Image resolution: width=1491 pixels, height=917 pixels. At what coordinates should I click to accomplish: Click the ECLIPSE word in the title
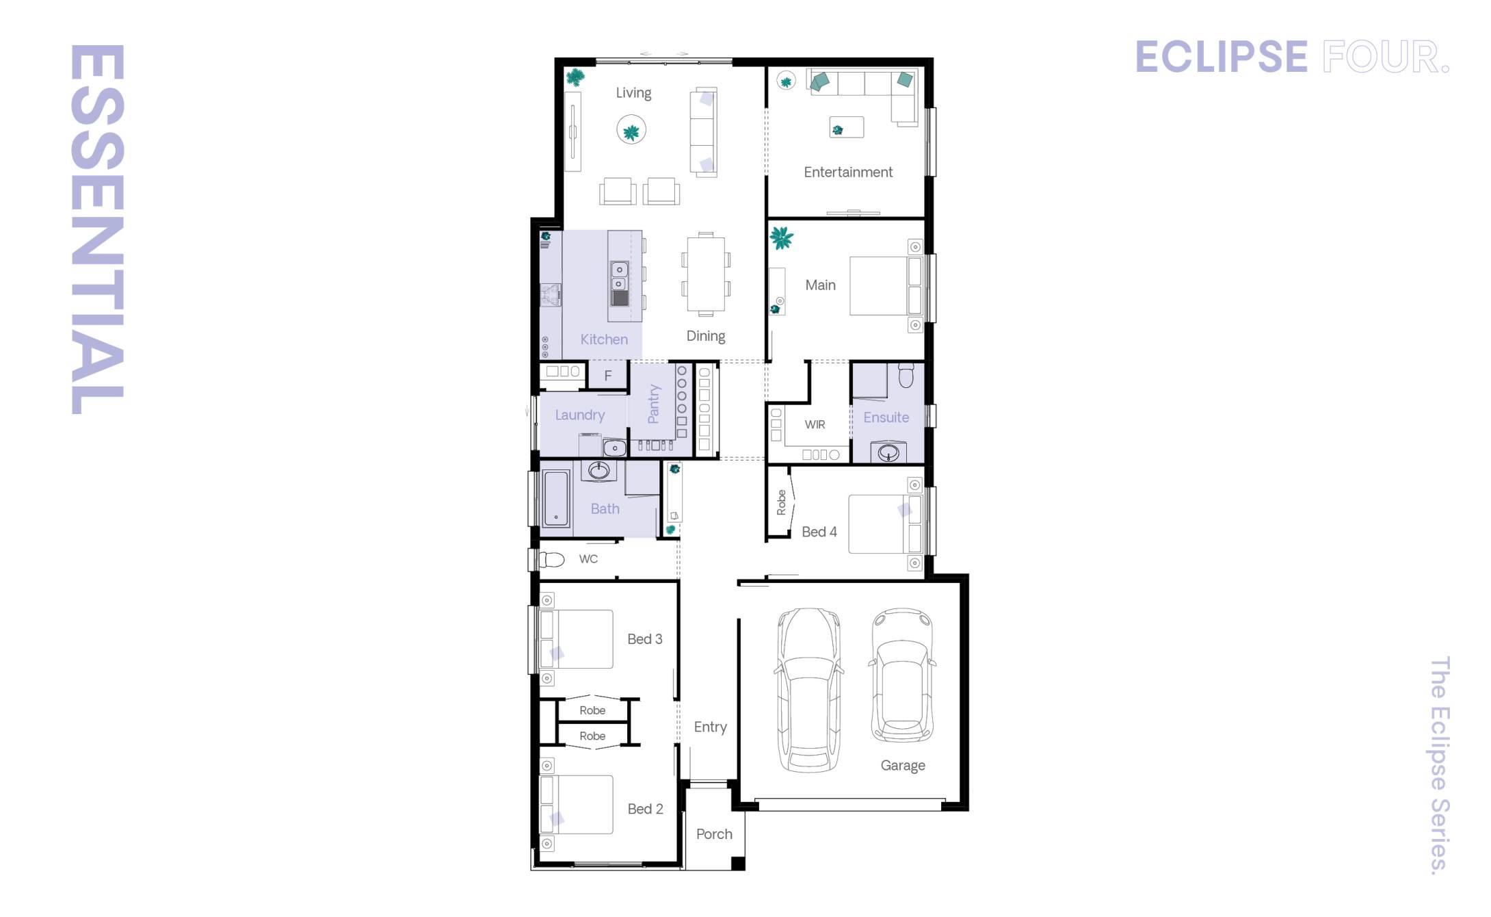(x=1221, y=57)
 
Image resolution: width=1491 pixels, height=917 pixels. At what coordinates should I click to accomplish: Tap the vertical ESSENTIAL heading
(x=97, y=229)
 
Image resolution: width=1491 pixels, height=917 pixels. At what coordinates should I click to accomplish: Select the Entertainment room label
(x=847, y=172)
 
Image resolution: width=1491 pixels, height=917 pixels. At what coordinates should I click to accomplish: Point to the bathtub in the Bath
(x=556, y=498)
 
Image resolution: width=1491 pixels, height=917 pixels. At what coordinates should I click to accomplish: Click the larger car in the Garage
(x=808, y=690)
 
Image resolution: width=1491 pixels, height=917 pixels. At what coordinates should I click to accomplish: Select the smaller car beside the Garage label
(x=902, y=676)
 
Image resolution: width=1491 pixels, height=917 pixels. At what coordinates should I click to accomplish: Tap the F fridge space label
(x=607, y=376)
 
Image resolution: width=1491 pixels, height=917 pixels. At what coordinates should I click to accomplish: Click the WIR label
(x=814, y=425)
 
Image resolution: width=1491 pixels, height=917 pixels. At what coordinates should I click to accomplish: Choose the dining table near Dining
(x=706, y=274)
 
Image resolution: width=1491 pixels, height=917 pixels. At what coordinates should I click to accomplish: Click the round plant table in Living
(x=631, y=130)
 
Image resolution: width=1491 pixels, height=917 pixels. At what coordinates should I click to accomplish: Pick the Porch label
(x=713, y=834)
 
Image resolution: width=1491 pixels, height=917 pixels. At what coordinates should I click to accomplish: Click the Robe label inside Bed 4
(x=781, y=502)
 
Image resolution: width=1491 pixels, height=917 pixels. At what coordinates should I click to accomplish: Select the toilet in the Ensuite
(x=906, y=376)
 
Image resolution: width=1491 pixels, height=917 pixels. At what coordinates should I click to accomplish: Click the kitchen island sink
(x=619, y=276)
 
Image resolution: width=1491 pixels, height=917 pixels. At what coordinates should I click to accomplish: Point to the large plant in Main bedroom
(x=781, y=238)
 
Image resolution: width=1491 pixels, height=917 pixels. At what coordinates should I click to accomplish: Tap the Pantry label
(x=653, y=404)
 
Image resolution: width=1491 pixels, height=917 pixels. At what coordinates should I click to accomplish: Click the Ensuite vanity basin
(x=888, y=452)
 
